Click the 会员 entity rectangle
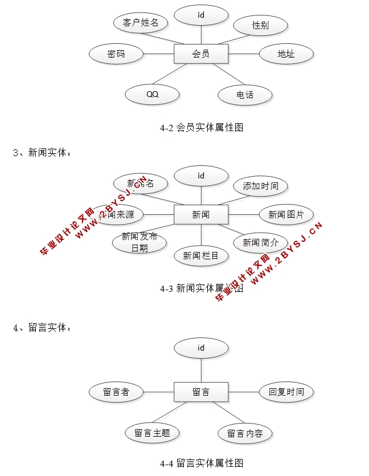pos(200,54)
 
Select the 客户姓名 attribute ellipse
pos(140,23)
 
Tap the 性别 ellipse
pos(260,25)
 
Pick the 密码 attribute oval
pos(116,54)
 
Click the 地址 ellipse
pos(286,54)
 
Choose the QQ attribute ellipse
pos(152,94)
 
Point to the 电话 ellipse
pos(245,95)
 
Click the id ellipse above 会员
pos(200,15)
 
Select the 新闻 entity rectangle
pos(200,215)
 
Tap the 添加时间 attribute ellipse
pos(260,186)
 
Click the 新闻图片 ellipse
pos(286,215)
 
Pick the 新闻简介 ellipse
pos(260,242)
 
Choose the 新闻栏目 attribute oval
pos(200,256)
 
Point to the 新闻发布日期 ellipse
pos(140,242)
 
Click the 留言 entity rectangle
pos(200,392)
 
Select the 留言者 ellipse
pos(116,392)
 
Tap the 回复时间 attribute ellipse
pos(286,392)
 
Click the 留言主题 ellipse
pos(152,433)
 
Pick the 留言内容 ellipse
pos(245,433)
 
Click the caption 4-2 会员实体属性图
pos(202,128)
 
